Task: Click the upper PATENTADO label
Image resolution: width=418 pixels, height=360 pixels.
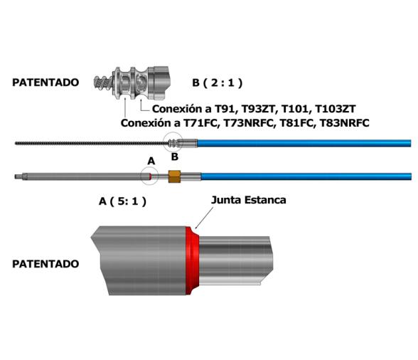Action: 45,83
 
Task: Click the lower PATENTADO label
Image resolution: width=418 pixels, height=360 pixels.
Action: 45,263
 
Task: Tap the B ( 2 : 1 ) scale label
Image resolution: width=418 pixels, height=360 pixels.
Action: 217,83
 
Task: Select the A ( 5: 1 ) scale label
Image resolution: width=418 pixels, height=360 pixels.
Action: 122,201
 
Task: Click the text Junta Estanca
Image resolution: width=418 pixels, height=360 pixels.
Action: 249,200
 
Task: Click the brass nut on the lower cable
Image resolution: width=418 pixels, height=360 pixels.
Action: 173,176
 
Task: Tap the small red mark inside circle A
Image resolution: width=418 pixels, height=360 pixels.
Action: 151,176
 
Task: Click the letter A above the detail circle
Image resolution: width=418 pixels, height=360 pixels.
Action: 150,161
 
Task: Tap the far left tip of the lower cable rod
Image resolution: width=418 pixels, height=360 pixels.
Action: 16,176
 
